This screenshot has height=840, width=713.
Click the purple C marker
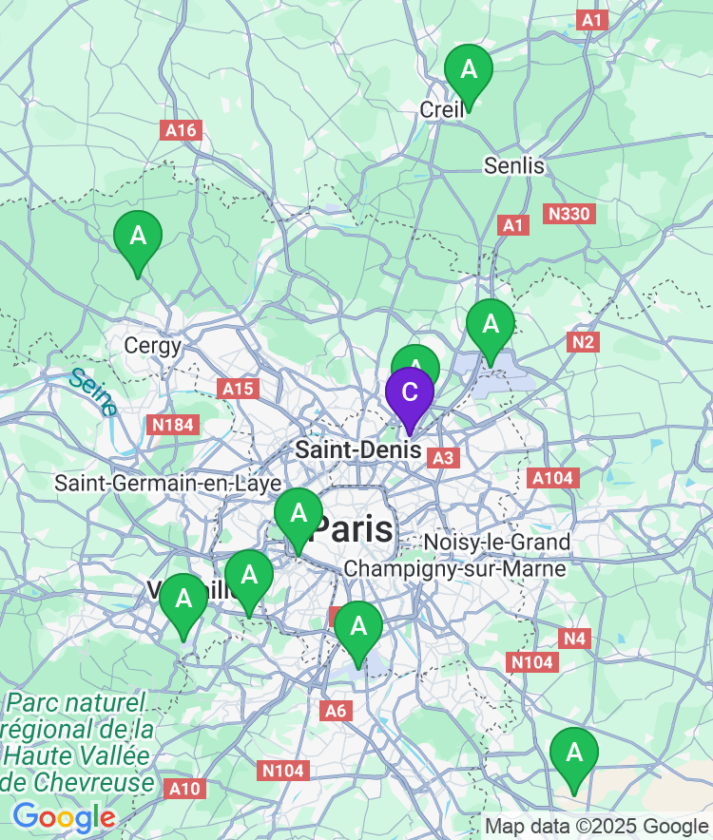(410, 392)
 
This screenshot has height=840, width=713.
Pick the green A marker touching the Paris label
(299, 514)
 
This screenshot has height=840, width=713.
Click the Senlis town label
(514, 165)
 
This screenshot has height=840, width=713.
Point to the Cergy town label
(153, 345)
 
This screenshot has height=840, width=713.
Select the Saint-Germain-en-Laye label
(167, 483)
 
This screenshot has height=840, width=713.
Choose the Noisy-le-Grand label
(497, 543)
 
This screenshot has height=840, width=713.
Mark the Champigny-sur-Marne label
(454, 568)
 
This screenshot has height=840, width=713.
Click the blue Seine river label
(93, 391)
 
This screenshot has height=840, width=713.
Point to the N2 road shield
(583, 342)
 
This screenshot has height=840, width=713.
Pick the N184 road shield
(173, 424)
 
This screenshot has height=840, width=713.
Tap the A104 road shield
(552, 478)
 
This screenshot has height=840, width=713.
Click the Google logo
(65, 817)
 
